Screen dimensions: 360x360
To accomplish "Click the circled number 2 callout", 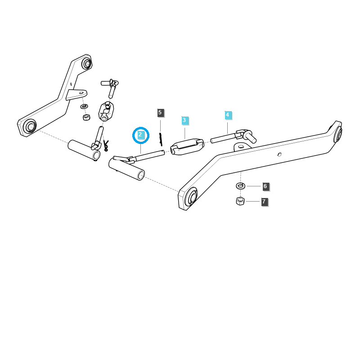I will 140,135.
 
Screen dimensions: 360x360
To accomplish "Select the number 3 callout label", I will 184,121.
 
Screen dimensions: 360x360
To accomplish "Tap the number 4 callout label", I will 228,115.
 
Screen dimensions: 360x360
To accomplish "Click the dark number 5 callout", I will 160,112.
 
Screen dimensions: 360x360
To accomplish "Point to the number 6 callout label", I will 265,186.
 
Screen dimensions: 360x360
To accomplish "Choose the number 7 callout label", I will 264,202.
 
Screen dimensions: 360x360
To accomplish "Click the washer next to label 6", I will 241,186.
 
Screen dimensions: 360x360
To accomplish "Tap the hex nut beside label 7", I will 240,201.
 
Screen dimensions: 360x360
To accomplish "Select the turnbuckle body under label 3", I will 187,147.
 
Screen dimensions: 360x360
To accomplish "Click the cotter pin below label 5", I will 160,139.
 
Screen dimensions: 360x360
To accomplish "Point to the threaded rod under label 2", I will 148,156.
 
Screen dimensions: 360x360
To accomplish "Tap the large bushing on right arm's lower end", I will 191,197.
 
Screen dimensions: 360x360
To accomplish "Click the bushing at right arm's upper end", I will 338,133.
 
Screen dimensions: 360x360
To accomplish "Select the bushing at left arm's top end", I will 86,63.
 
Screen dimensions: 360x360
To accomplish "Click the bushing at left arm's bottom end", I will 30,126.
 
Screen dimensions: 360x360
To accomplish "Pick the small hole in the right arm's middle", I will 279,154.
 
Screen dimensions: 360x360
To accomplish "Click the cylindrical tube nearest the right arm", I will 127,169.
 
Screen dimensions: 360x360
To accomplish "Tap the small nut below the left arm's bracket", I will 86,117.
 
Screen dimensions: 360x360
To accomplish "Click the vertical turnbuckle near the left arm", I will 106,111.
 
